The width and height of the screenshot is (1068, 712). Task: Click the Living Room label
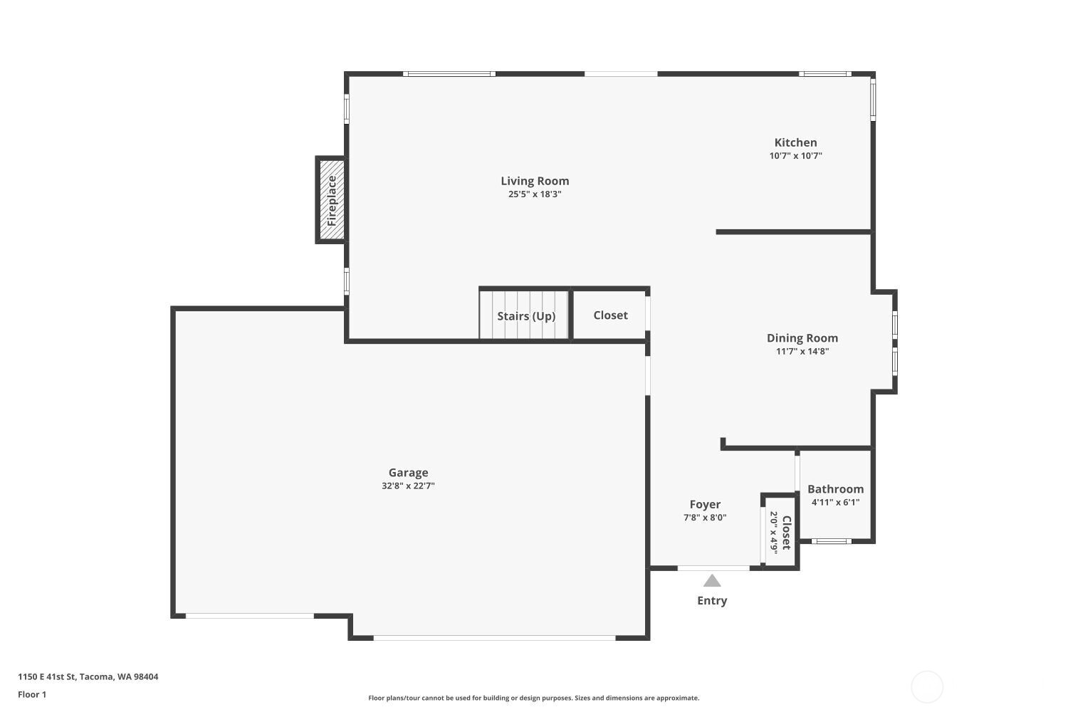click(535, 181)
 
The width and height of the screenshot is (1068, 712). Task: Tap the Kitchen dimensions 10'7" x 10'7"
click(795, 156)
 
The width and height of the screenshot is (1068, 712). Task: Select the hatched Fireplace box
click(331, 200)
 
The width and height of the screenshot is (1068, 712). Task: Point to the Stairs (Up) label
click(526, 316)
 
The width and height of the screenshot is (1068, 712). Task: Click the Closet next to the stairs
click(610, 315)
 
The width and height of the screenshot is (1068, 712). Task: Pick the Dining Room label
click(802, 338)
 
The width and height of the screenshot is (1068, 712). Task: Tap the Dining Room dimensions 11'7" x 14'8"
click(802, 351)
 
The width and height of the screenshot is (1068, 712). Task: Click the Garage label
click(408, 473)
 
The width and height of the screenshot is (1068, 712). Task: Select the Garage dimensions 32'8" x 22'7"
click(408, 486)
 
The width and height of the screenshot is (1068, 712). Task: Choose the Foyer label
click(705, 505)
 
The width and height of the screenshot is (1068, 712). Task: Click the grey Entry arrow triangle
click(712, 581)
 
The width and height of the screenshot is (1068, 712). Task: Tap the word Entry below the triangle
click(712, 601)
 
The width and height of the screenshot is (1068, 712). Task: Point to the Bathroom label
click(835, 489)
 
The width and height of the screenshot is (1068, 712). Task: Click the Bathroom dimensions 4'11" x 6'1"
click(835, 502)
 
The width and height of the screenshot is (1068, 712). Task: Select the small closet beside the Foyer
click(780, 532)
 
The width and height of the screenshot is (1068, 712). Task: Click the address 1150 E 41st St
click(88, 677)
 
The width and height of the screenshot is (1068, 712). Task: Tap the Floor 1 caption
click(32, 694)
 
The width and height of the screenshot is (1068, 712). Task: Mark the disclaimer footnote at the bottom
click(533, 698)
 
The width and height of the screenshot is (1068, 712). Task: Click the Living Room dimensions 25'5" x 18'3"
click(535, 194)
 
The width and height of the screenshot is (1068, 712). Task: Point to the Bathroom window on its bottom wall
click(832, 541)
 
